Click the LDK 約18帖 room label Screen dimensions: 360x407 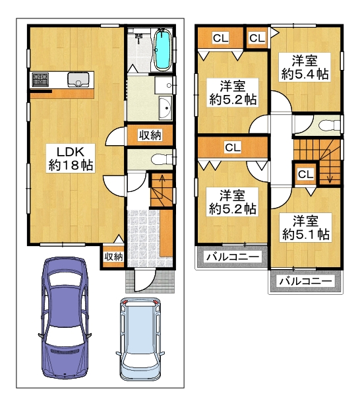71,158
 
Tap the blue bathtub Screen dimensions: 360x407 163,49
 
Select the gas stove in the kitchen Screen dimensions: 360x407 40,79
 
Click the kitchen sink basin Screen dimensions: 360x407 78,79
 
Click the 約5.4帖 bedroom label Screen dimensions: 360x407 305,67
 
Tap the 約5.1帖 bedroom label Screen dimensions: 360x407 306,228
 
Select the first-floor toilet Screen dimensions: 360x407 162,159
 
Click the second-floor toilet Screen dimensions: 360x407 330,125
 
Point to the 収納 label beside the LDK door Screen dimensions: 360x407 150,135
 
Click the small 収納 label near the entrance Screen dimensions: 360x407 113,257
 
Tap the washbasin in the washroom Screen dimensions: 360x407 165,108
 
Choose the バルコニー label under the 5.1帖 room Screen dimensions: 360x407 305,282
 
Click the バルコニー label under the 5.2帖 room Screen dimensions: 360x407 233,257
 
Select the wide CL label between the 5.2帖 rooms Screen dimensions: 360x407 233,148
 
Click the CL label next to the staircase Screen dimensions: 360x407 305,174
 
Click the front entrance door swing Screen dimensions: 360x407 145,281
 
